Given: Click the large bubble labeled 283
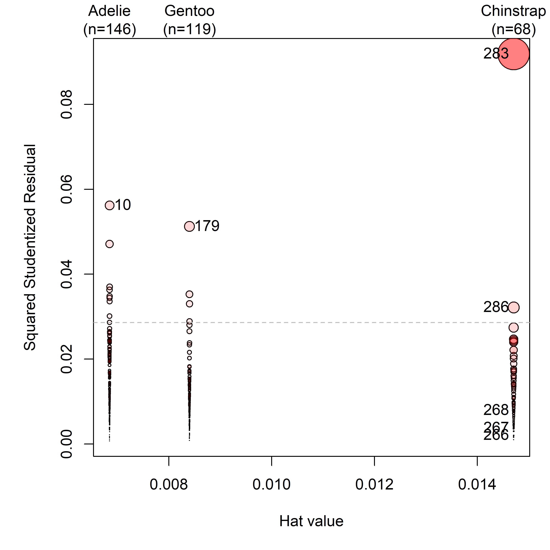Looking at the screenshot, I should pyautogui.click(x=513, y=54).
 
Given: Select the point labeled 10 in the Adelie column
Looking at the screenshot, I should pyautogui.click(x=110, y=205).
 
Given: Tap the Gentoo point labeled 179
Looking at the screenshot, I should pyautogui.click(x=189, y=226).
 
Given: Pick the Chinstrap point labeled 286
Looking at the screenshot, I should pyautogui.click(x=513, y=307).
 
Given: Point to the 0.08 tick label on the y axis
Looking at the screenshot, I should pyautogui.click(x=67, y=105).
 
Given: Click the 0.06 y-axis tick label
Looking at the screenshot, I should pyautogui.click(x=67, y=189).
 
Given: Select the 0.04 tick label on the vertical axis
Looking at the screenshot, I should pyautogui.click(x=67, y=274).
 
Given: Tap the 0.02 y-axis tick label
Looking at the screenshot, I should pyautogui.click(x=67, y=359).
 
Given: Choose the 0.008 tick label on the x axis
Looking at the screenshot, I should pyautogui.click(x=169, y=484).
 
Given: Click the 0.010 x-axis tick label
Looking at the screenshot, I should pyautogui.click(x=272, y=484).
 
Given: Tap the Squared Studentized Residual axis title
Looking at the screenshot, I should pyautogui.click(x=30, y=247).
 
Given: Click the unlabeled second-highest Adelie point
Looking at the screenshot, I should pyautogui.click(x=110, y=244).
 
